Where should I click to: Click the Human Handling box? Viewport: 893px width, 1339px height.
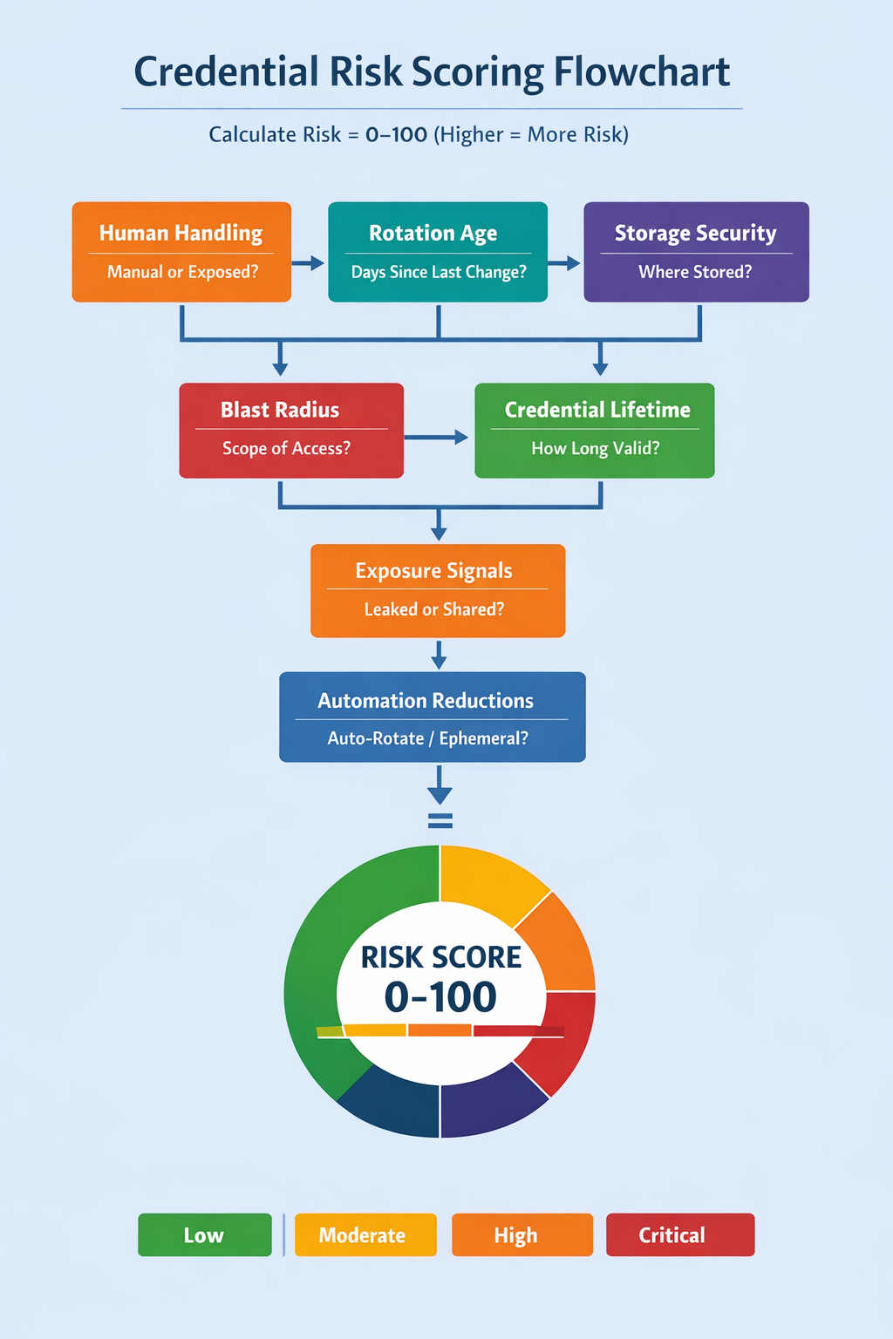pos(181,252)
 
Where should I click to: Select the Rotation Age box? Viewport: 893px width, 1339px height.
pos(438,252)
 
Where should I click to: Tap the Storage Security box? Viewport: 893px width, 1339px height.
pos(696,252)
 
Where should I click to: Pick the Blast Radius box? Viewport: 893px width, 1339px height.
pos(291,431)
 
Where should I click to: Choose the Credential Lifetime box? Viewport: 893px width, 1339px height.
pos(595,431)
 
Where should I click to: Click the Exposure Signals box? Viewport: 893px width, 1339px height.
pos(438,591)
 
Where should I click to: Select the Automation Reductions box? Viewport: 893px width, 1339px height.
pos(433,717)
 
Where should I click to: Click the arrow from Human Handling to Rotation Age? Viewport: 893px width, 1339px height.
pos(308,263)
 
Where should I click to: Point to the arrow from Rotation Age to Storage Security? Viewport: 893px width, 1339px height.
pos(565,263)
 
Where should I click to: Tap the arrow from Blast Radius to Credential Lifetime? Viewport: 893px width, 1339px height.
pos(437,438)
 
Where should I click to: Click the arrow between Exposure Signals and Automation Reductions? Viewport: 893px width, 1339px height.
pos(440,655)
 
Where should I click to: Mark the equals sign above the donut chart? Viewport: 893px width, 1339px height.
pos(440,820)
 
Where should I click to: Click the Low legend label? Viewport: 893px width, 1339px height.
pos(204,1235)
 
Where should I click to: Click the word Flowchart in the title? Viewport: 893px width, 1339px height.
pos(642,72)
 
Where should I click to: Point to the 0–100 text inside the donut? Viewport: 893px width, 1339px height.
pos(440,997)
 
